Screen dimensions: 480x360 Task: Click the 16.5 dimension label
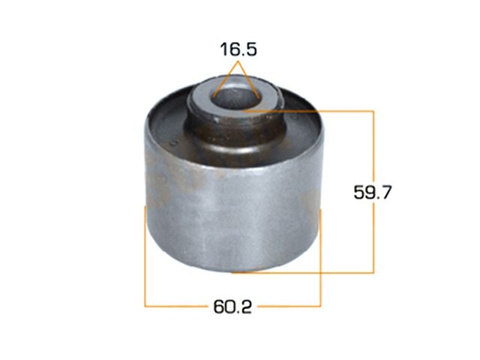coord(238,49)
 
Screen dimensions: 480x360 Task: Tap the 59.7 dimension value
coord(372,193)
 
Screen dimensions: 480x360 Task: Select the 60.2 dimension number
coord(232,307)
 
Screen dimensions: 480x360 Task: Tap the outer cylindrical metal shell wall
coord(233,214)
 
